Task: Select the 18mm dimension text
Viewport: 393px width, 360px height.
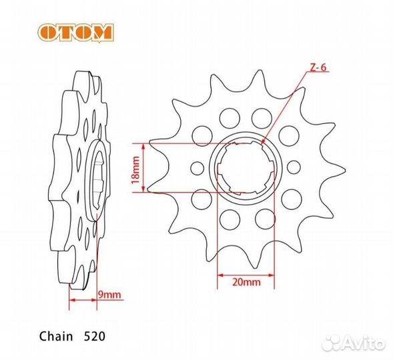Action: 135,168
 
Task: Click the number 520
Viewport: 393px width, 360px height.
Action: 93,330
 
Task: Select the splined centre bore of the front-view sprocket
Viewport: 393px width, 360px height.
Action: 245,167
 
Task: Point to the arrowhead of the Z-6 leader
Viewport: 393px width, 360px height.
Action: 262,142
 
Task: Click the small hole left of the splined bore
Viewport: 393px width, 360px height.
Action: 198,167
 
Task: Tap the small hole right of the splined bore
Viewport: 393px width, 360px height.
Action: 293,167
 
